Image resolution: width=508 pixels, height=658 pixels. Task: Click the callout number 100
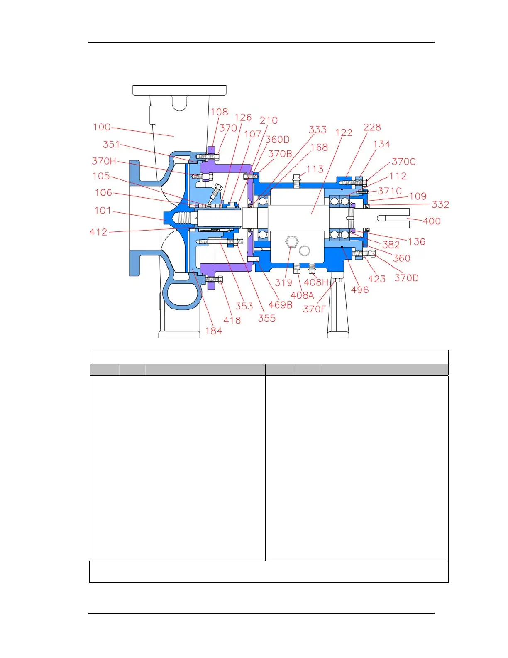point(102,127)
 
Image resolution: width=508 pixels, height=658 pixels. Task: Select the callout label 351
point(111,145)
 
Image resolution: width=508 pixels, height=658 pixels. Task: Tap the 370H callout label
point(104,161)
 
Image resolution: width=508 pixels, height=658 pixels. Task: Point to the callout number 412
point(98,232)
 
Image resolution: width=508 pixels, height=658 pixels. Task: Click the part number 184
point(214,331)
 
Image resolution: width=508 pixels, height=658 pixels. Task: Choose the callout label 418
point(232,320)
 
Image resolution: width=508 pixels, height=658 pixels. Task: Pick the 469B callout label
point(281,305)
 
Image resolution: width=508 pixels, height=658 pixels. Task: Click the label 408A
point(302,295)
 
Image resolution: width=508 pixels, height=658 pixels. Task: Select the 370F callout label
point(315,309)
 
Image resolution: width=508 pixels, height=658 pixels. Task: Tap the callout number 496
point(360,290)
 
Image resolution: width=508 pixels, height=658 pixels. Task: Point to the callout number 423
point(377,279)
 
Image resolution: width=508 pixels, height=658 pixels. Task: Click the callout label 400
point(432,221)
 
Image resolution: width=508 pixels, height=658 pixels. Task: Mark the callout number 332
point(440,204)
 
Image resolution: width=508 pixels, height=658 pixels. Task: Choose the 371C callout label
point(390,191)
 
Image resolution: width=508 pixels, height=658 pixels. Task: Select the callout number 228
point(372,128)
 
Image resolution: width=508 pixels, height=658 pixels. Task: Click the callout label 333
point(317,130)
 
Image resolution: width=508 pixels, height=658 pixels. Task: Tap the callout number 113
point(315,169)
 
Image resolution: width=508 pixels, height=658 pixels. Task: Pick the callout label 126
point(243,118)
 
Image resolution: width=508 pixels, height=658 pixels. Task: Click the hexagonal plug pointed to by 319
point(291,241)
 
